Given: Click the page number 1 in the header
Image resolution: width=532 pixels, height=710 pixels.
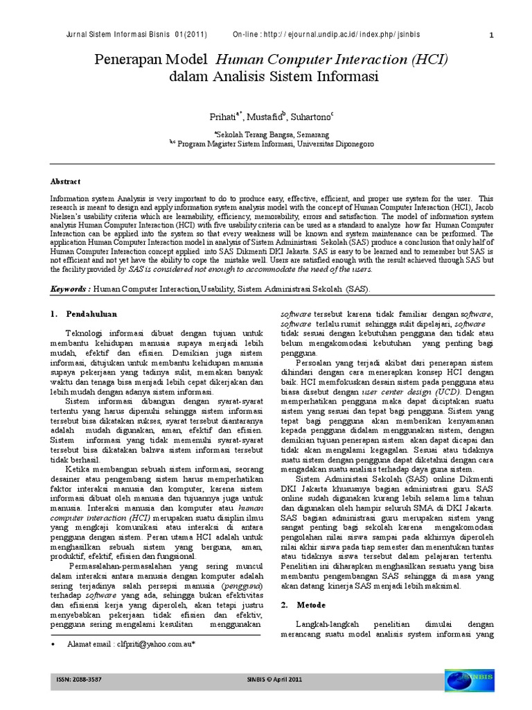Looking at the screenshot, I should click(x=491, y=35).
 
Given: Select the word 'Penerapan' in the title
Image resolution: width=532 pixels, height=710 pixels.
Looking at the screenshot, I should click(x=136, y=60).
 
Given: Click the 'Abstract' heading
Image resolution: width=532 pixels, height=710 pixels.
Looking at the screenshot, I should click(x=65, y=181).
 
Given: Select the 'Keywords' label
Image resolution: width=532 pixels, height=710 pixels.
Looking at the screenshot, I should click(x=69, y=288).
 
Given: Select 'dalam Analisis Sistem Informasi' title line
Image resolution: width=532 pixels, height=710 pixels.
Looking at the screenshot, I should click(x=274, y=77).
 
